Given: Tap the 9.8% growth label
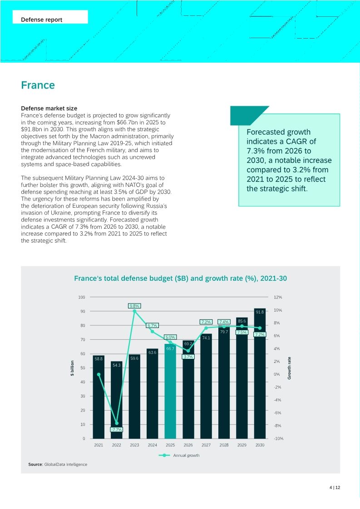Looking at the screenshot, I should pyautogui.click(x=134, y=306).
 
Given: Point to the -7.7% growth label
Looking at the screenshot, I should pyautogui.click(x=117, y=429).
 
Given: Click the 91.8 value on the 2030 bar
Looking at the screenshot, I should pyautogui.click(x=260, y=312).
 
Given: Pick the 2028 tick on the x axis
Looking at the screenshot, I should pyautogui.click(x=224, y=445).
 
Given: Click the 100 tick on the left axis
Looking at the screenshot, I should pyautogui.click(x=82, y=297).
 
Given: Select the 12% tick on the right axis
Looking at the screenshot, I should pyautogui.click(x=277, y=297).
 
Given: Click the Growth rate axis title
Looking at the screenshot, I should pyautogui.click(x=290, y=368).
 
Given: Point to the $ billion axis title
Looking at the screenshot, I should pyautogui.click(x=72, y=368).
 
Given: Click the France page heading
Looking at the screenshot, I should pyautogui.click(x=38, y=85).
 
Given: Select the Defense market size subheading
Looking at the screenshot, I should pyautogui.click(x=49, y=108).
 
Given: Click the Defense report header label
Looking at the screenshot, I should pyautogui.click(x=42, y=20).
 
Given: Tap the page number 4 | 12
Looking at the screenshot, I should pyautogui.click(x=335, y=488).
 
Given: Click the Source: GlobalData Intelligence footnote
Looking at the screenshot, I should pyautogui.click(x=58, y=464).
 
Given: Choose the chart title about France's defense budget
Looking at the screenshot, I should pyautogui.click(x=180, y=279).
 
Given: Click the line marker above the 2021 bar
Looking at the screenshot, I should pyautogui.click(x=99, y=374).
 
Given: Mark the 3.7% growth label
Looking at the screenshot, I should pyautogui.click(x=188, y=357).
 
